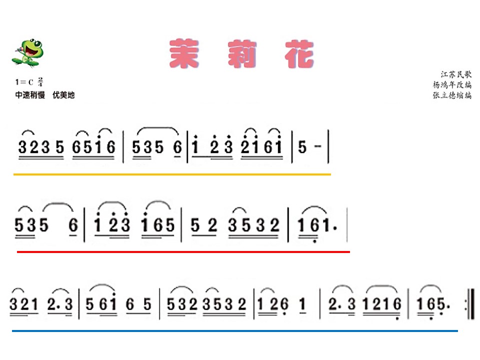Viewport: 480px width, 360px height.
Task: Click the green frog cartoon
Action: pos(28,52)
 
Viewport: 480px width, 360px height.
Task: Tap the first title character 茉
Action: pos(184,53)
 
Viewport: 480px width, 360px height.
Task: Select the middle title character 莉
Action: pos(242,53)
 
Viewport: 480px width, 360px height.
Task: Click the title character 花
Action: pos(299,54)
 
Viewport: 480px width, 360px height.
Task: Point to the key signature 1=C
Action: pos(24,82)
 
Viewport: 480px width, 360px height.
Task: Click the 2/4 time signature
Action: pos(40,81)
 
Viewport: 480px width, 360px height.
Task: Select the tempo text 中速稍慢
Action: pos(30,95)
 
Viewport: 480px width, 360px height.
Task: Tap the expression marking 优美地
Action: pos(63,95)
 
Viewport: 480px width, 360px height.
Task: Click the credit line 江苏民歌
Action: pos(456,74)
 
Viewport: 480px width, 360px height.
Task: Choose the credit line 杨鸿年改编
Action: pos(452,84)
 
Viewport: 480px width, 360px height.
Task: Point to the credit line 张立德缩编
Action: pos(452,95)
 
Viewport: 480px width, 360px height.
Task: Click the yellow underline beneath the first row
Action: pos(172,174)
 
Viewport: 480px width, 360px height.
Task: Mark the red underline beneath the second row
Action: pos(183,252)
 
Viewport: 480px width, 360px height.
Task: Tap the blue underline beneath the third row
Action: pos(235,331)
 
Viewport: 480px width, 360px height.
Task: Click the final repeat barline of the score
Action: pos(470,304)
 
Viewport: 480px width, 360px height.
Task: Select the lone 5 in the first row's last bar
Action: pos(302,147)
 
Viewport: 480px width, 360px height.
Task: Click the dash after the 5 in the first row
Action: pos(318,146)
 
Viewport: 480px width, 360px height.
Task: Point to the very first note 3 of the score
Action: pos(22,147)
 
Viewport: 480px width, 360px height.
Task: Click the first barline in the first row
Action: pos(123,146)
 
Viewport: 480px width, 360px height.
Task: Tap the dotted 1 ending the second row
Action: pos(328,225)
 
